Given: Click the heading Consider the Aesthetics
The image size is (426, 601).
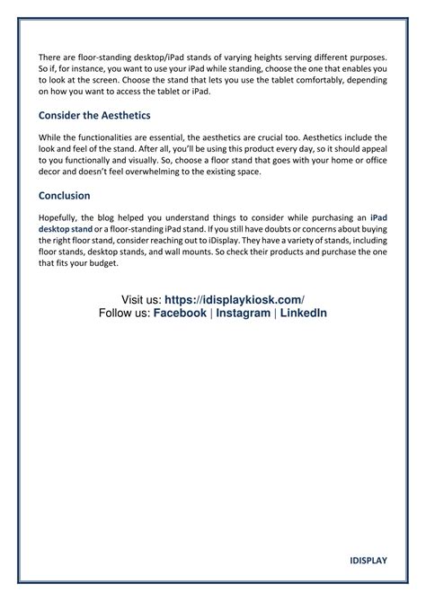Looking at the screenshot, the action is click(94, 116).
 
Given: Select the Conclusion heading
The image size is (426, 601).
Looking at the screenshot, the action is click(65, 195).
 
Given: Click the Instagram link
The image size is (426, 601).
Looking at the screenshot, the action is click(243, 313).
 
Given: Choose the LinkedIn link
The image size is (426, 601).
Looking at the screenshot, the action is click(303, 313).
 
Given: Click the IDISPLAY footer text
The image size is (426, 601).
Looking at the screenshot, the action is click(368, 561).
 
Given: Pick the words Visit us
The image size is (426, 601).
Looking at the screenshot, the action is click(140, 299).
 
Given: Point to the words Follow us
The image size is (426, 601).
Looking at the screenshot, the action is click(124, 313).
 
